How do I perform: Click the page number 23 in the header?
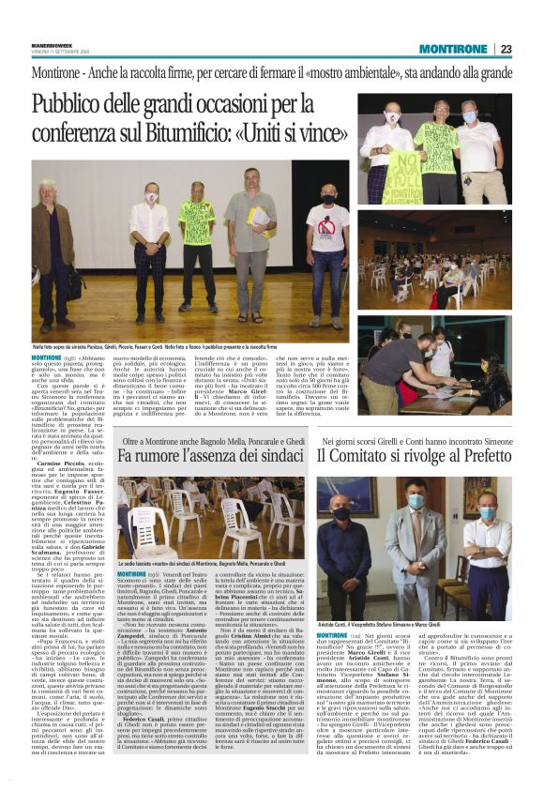coord(506,49)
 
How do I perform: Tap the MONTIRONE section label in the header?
coord(450,49)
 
